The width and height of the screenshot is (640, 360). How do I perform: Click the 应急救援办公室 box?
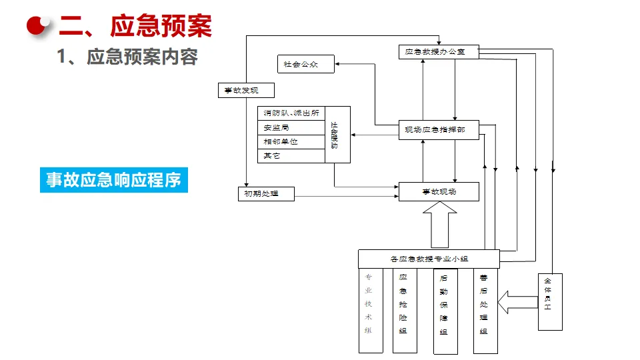[439, 51]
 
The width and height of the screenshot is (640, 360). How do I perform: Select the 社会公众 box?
[305, 64]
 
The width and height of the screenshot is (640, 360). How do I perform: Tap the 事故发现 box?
[246, 90]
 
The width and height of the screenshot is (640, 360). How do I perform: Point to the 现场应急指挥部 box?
[439, 129]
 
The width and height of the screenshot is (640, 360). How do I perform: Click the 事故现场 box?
[439, 191]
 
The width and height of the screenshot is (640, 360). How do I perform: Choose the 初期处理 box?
[266, 194]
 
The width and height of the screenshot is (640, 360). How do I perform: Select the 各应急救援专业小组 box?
[428, 259]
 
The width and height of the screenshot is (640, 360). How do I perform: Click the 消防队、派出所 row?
[291, 113]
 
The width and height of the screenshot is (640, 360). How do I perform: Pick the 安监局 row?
[291, 127]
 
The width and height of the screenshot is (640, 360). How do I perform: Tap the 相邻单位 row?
[291, 141]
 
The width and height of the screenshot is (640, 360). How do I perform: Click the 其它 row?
[291, 155]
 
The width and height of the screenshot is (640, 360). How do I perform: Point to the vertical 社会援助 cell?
[337, 134]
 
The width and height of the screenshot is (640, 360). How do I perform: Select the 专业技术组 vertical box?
[371, 311]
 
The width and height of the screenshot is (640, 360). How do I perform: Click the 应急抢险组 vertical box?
[405, 311]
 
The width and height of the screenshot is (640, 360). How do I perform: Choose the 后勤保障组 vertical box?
[445, 311]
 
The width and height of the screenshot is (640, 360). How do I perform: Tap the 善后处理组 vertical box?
[485, 311]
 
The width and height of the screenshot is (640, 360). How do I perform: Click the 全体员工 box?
[550, 301]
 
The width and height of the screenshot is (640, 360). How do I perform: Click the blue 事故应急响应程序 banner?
[114, 180]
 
